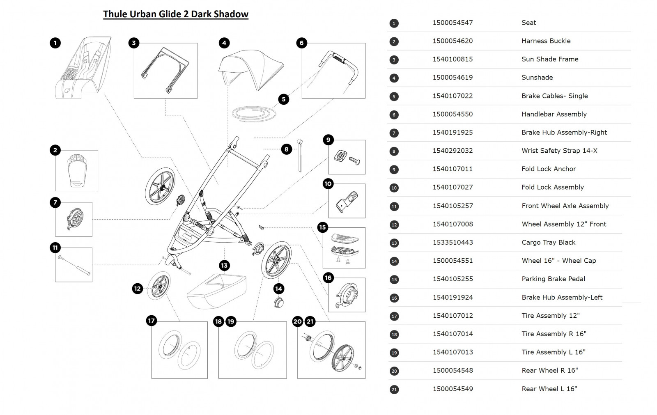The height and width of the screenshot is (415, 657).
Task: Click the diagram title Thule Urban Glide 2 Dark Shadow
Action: coord(176,14)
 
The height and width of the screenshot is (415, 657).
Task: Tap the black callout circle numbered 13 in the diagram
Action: coord(224,266)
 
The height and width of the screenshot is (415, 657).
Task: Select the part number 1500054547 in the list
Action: coord(453,23)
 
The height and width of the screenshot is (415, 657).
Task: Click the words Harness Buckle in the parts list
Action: coord(546,41)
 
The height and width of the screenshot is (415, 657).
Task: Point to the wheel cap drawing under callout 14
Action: coord(279,303)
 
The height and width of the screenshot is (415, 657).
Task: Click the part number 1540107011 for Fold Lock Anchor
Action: coord(453,169)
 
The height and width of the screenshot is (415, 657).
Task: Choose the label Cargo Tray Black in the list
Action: coord(548,242)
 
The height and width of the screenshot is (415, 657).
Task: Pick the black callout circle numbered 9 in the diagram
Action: coord(328,140)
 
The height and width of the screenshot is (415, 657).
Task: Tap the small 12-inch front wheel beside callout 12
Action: coord(158,285)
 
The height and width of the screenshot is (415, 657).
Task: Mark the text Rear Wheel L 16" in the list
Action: coord(549,389)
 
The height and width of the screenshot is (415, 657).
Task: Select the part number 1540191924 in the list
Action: coord(453,297)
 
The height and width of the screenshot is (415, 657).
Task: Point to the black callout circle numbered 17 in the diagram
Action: coord(152,321)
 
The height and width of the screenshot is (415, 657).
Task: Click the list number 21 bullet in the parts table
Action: coord(394,389)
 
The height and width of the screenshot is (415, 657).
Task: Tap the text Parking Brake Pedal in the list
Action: coord(553,279)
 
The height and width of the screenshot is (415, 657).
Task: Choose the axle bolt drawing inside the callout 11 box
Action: coord(74,265)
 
